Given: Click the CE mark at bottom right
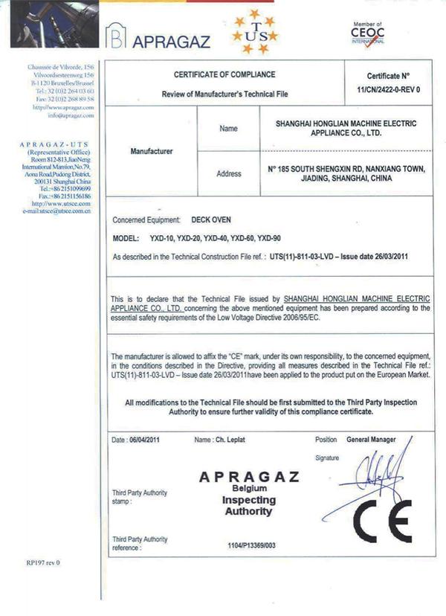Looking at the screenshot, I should tap(382, 520).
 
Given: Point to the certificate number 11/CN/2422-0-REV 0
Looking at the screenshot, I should tap(387, 89).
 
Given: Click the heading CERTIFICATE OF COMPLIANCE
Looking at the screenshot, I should tap(224, 74).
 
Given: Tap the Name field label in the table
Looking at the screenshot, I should tap(229, 129).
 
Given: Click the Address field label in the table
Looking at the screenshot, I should tap(229, 174).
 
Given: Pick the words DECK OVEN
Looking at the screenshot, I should tap(211, 220).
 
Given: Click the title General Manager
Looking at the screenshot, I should tap(375, 439).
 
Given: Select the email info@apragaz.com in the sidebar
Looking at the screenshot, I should tap(71, 115).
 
